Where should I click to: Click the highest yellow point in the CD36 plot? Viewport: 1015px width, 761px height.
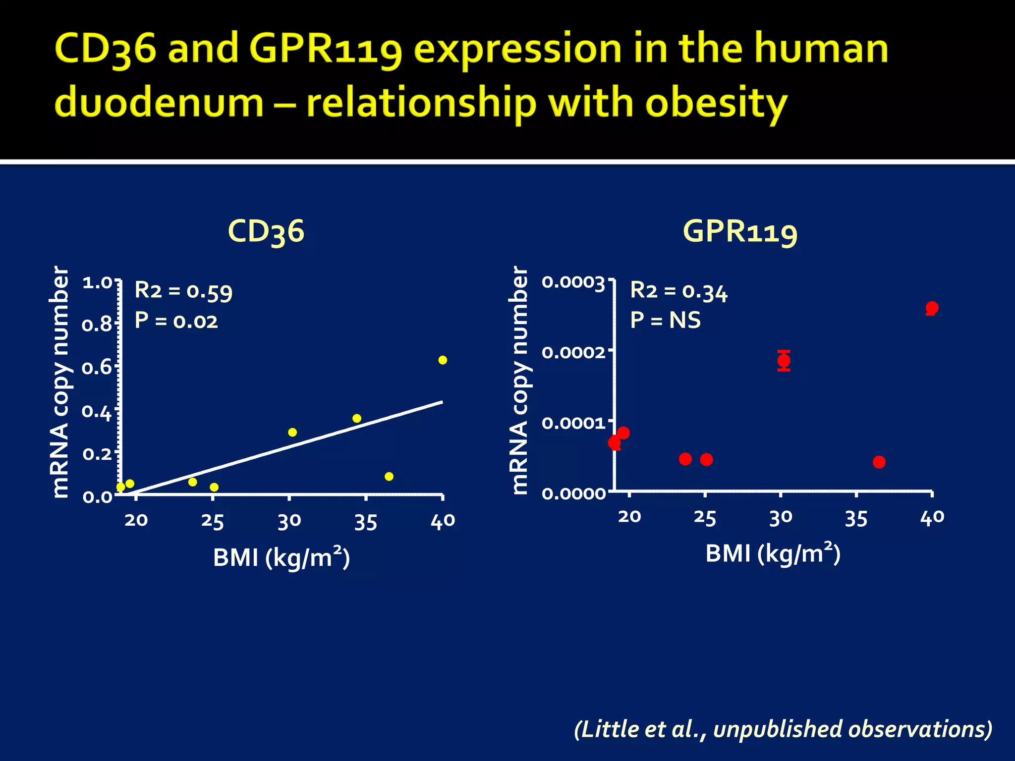tap(443, 360)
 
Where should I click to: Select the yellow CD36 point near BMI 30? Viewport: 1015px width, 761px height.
tap(292, 433)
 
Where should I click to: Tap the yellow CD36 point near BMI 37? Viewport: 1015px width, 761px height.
tap(389, 477)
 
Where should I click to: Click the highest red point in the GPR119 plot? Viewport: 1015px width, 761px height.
tap(932, 308)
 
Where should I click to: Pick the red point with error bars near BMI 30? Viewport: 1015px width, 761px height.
tap(784, 360)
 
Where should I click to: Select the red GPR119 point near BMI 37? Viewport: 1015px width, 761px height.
tap(879, 462)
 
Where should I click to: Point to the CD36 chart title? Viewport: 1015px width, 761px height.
tap(266, 231)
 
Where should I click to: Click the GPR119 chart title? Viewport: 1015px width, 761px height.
tap(740, 231)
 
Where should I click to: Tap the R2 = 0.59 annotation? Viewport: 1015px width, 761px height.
tap(183, 291)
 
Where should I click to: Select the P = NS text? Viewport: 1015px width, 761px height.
tap(665, 321)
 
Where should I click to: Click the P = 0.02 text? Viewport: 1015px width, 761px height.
tap(176, 321)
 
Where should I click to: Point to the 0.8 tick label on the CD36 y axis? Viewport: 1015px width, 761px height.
tap(97, 325)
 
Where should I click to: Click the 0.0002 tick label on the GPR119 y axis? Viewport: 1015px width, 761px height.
tap(573, 353)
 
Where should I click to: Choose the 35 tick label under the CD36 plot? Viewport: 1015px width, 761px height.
tap(366, 522)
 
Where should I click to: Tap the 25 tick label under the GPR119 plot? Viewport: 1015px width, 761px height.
tap(705, 518)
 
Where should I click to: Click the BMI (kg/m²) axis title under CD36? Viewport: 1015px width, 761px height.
tap(282, 558)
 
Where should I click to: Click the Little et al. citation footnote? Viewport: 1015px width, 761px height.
tap(783, 729)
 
